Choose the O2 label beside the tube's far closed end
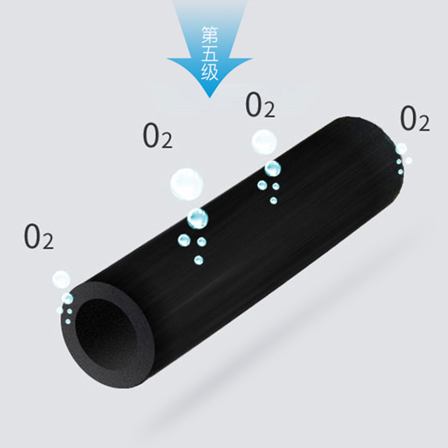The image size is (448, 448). tap(415, 119)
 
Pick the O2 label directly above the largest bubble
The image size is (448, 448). tap(158, 137)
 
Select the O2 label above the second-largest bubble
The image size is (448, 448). tap(260, 105)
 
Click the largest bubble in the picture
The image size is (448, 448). tap(186, 183)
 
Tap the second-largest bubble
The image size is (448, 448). tap(263, 142)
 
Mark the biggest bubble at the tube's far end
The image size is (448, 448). tap(402, 148)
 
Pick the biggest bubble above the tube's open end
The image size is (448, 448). tap(60, 279)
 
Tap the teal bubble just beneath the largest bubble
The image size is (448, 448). tap(197, 218)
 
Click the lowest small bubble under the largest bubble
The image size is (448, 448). tap(198, 260)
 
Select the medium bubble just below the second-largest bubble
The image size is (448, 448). tap(272, 168)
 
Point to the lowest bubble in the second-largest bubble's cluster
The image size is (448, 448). tap(273, 200)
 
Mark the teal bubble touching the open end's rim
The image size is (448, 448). tap(68, 298)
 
